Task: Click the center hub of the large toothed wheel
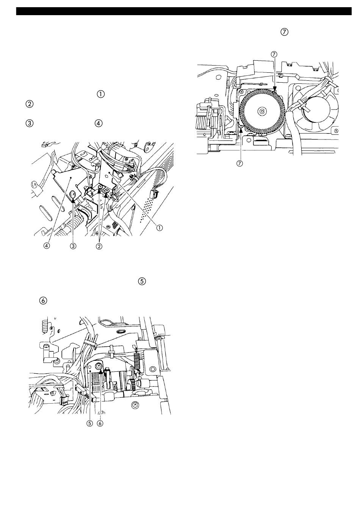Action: [x=261, y=111]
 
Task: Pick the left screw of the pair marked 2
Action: [x=100, y=187]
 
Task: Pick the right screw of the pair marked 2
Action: [x=107, y=191]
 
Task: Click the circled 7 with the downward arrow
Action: [x=274, y=54]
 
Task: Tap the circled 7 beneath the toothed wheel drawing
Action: [x=239, y=163]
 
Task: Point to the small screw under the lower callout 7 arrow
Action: [x=240, y=127]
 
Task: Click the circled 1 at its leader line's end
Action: [x=160, y=227]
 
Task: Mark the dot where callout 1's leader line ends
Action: [x=110, y=175]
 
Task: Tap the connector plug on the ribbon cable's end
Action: [x=154, y=194]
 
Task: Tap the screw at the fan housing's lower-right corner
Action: [x=337, y=130]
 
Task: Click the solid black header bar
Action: [x=184, y=11]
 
